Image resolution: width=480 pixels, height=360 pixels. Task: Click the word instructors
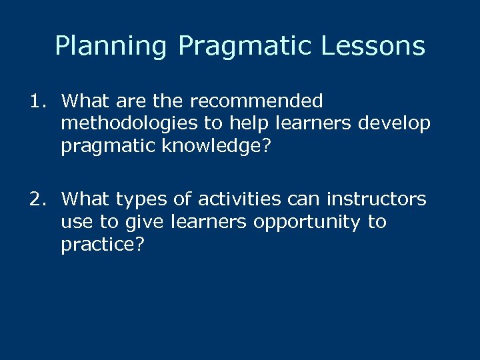pos(376,199)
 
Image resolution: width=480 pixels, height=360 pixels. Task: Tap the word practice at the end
pos(97,245)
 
